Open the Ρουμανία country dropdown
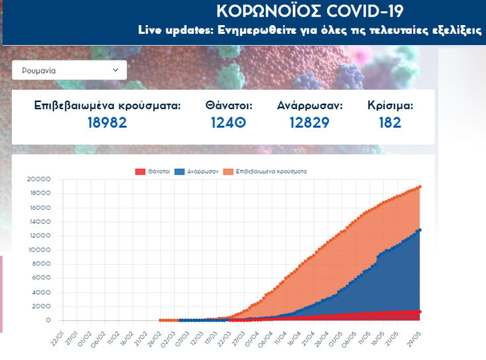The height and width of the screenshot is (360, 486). [69, 70]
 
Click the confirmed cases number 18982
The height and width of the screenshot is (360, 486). [107, 122]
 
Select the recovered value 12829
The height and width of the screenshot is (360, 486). [309, 122]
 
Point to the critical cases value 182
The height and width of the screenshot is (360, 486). [390, 122]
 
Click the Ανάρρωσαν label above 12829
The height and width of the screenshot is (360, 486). [309, 105]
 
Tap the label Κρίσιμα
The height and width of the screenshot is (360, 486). [391, 105]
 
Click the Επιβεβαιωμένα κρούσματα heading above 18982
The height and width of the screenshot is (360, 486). [107, 105]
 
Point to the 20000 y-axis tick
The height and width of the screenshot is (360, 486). [39, 179]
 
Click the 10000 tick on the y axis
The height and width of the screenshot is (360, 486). [39, 250]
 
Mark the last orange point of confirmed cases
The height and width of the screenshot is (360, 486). [420, 187]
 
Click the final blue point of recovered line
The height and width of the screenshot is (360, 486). [420, 230]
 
